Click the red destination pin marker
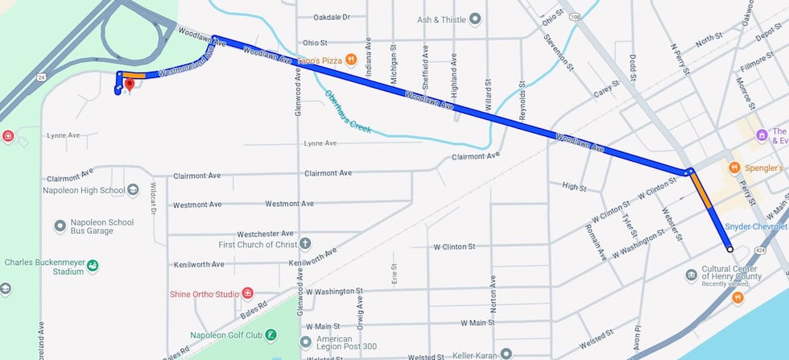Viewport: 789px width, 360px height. point(129,84)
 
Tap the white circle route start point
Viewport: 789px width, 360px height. point(729,250)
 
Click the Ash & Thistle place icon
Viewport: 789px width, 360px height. point(475,19)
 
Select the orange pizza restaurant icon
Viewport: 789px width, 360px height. point(351,60)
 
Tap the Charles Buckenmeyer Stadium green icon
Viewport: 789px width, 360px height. point(93,266)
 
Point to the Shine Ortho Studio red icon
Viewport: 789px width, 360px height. point(247,293)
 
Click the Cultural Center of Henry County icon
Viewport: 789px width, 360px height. point(691,275)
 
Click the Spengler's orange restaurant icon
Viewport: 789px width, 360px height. point(733,168)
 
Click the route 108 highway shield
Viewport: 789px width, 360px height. point(573,15)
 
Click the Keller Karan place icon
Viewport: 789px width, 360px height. point(506,353)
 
